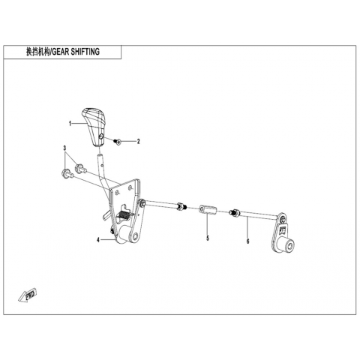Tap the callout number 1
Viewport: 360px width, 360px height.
[70, 124]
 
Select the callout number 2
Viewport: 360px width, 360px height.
[138, 142]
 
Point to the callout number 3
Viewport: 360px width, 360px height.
[64, 148]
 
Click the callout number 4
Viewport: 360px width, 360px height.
[98, 240]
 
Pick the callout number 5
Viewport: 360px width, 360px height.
[208, 238]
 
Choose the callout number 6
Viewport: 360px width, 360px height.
[247, 241]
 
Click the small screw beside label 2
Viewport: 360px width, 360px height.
[117, 142]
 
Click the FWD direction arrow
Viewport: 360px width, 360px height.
[28, 295]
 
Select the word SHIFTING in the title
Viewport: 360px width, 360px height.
[85, 52]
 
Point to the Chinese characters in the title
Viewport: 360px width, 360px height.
[38, 52]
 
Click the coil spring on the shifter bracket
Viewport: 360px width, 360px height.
[124, 215]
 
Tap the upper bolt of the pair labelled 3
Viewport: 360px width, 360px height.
[80, 168]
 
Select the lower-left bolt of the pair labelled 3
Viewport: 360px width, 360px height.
[67, 174]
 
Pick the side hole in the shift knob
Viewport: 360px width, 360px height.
[101, 136]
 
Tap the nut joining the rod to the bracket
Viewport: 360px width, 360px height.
[142, 202]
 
